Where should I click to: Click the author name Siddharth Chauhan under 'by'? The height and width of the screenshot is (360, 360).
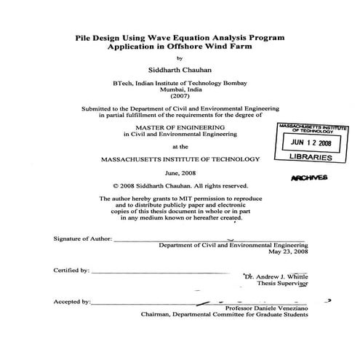tap(180, 71)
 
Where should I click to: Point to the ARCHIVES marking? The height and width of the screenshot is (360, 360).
tap(309, 177)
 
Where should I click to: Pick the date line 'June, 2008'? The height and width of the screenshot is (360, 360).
tap(180, 174)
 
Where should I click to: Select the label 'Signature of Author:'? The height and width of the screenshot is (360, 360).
tap(81, 239)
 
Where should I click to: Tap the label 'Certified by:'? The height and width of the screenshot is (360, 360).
tap(71, 270)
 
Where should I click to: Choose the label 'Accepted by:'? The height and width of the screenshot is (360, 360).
tap(71, 301)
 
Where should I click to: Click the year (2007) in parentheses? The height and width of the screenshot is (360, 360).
tap(179, 96)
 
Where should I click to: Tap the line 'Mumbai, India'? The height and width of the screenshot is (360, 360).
tap(179, 89)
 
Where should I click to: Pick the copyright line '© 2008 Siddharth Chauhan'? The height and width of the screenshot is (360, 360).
tap(180, 185)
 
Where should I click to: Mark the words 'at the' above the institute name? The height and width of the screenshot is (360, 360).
tap(180, 145)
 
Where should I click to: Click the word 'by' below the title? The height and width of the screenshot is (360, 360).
tap(180, 58)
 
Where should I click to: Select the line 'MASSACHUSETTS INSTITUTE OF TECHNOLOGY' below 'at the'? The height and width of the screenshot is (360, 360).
tap(180, 159)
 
